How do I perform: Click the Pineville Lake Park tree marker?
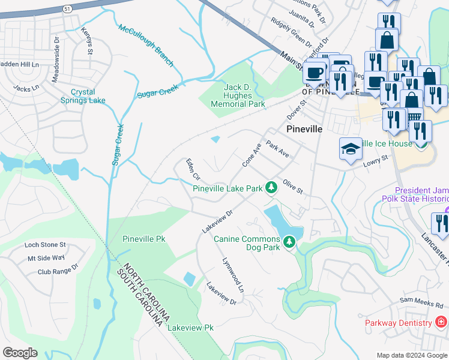point(271,187)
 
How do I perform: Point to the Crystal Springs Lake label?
point(88,96)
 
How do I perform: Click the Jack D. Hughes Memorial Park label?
point(238,95)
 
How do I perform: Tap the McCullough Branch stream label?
point(146,46)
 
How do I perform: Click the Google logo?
point(20,353)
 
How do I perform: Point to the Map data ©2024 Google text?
point(411,355)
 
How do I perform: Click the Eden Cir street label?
point(193,169)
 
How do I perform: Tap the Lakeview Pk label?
point(190,328)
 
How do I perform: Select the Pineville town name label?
point(304,129)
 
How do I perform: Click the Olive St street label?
point(293,187)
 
